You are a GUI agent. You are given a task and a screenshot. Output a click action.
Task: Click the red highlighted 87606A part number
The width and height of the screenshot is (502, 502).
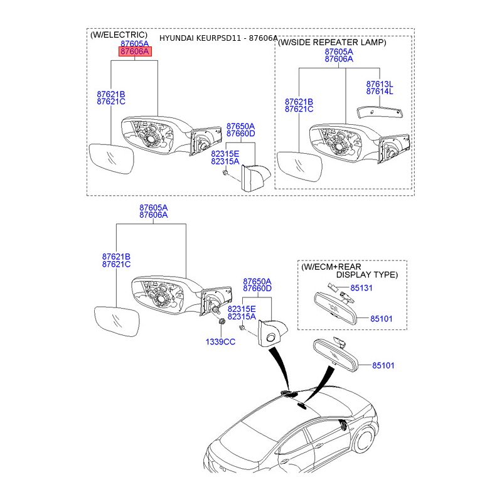point(135,52)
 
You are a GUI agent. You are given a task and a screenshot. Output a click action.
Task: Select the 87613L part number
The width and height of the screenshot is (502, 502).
point(380,83)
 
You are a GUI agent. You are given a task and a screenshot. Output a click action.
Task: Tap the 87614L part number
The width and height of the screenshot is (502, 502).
point(380,92)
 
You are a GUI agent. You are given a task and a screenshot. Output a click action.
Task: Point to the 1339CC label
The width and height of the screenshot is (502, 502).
point(220,341)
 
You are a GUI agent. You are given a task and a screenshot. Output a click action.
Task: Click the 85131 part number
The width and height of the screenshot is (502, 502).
point(362,289)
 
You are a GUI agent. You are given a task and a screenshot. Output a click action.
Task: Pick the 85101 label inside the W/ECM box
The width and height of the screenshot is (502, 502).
point(381,319)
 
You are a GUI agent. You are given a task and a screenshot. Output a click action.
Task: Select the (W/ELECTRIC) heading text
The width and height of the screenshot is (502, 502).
point(119,35)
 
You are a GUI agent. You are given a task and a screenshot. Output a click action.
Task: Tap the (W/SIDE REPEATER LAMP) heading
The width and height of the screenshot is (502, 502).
point(332,43)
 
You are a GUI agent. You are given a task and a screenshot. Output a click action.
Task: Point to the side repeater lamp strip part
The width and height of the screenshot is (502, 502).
point(379,112)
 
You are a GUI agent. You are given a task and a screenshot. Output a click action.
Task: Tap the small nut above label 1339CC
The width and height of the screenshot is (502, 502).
point(222,321)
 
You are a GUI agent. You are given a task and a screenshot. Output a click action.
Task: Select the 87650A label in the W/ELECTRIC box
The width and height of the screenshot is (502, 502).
point(241,126)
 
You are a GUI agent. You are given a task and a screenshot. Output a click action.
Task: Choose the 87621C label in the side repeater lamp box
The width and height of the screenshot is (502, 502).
point(299,109)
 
